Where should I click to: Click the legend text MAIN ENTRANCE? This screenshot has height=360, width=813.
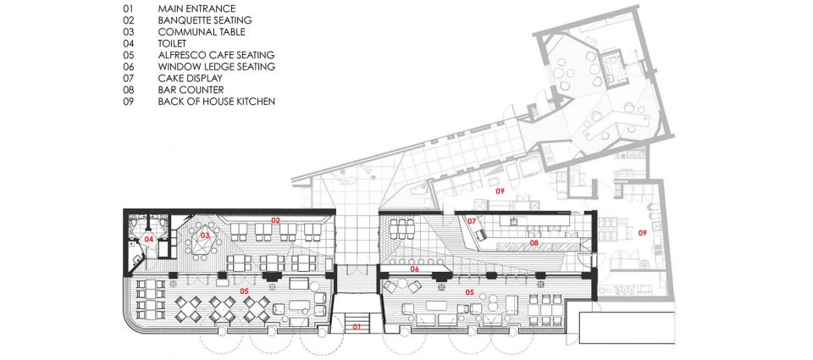196,8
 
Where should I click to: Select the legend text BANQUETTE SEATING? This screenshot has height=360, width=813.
205,20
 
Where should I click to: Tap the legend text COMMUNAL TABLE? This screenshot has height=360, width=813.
202,31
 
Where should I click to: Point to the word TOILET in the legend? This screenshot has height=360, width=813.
172,43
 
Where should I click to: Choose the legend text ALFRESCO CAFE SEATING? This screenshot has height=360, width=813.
216,55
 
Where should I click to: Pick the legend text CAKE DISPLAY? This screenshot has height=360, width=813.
191,78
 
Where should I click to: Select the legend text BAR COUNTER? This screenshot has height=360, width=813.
191,90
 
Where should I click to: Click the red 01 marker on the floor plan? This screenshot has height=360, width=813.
357,327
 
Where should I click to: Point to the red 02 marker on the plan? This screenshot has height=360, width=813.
275,220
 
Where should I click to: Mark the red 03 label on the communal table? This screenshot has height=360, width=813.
205,235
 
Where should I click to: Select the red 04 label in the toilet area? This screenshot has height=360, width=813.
149,239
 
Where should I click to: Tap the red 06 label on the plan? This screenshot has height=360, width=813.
414,269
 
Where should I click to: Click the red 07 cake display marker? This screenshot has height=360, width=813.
472,221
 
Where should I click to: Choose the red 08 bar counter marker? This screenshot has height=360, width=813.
534,242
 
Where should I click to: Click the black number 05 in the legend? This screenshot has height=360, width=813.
129,55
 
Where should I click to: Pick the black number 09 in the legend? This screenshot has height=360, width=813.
129,102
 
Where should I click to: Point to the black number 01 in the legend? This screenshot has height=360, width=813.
129,8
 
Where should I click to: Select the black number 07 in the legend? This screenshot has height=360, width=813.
129,78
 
